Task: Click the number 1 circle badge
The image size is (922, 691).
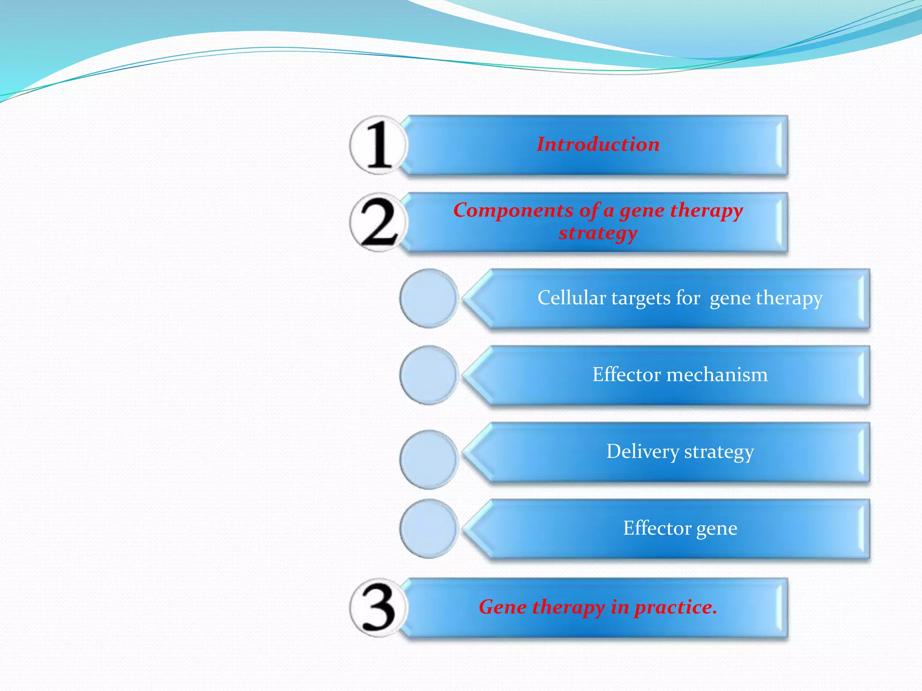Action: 379,145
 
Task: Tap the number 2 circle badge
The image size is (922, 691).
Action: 379,223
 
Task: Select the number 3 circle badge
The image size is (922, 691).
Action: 379,608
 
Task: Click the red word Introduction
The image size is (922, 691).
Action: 598,144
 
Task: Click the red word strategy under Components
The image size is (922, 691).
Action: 598,233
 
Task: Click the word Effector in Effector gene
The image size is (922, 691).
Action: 657,528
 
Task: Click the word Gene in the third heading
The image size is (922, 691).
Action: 502,607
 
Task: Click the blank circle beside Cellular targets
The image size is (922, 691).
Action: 429,298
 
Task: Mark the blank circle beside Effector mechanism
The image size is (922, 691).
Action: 429,375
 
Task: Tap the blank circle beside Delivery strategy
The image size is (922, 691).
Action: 429,459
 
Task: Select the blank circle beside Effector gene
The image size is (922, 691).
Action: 429,529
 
